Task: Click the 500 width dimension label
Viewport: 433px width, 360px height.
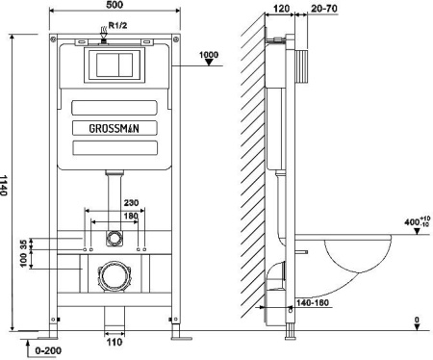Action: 115,5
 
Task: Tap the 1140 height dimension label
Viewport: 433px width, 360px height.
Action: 3,185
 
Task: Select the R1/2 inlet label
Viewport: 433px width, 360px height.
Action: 117,25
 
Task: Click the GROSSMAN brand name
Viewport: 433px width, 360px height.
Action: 114,129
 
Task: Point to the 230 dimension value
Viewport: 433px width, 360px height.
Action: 131,203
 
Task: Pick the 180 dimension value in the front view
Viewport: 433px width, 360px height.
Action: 131,216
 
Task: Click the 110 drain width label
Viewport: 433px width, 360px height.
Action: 115,342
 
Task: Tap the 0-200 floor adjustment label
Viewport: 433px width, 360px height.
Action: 48,350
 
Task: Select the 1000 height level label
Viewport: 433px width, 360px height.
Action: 209,55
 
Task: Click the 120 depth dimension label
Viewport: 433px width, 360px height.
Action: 281,9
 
